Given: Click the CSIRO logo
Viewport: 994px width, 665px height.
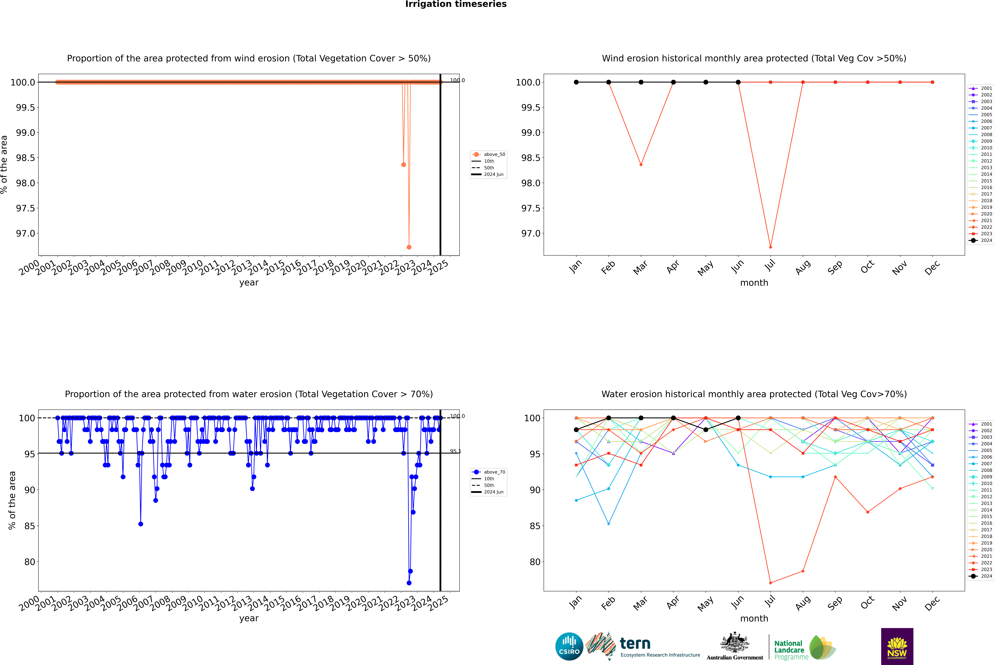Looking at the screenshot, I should (569, 646).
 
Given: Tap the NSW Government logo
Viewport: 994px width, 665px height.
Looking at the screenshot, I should (897, 646).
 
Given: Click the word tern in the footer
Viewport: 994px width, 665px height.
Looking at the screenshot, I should (635, 644).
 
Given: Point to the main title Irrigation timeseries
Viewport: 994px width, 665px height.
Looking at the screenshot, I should (456, 4).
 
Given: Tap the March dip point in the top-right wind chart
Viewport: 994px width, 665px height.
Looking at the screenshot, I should (641, 165).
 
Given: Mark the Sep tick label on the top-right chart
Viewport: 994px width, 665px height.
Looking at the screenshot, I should (835, 267).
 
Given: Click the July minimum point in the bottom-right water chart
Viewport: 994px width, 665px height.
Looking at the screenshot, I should (770, 583).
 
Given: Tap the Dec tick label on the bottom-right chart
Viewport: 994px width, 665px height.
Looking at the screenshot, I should (932, 603).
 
